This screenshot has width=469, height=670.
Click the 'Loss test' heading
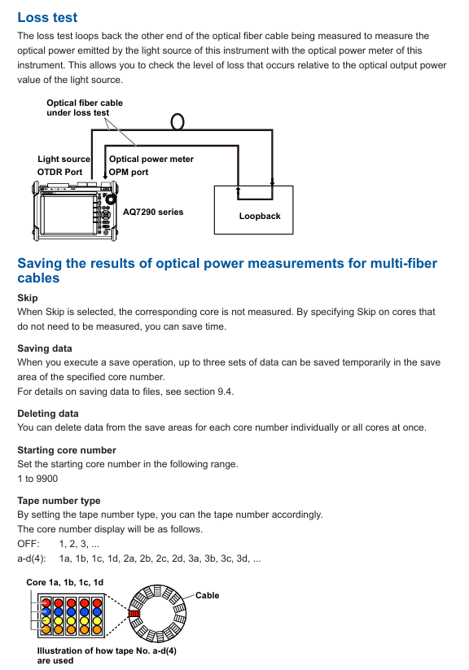tap(47, 17)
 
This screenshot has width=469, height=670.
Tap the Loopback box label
tap(260, 216)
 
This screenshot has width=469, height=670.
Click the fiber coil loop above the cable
tap(178, 121)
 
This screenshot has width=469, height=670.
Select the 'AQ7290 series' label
tap(153, 212)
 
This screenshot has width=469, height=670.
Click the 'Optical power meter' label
tap(151, 159)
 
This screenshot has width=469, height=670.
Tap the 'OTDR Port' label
tap(60, 172)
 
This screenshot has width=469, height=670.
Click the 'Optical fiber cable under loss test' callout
tap(85, 107)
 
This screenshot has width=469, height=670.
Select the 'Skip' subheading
tap(28, 298)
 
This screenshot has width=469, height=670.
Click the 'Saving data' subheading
tap(45, 348)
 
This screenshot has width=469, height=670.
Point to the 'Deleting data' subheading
tap(48, 414)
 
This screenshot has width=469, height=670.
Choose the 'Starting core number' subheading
tap(67, 450)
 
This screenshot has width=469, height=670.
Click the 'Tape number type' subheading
tap(59, 501)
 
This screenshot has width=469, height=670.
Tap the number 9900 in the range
tap(46, 479)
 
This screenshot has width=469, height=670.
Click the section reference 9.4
tap(225, 392)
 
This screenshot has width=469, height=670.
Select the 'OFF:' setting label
tap(28, 544)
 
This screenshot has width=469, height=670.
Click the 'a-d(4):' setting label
tap(32, 558)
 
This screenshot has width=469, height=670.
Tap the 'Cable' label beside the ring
tap(208, 595)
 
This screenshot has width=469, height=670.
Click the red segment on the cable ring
tap(134, 614)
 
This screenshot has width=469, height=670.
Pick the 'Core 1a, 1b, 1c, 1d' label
tap(65, 582)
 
